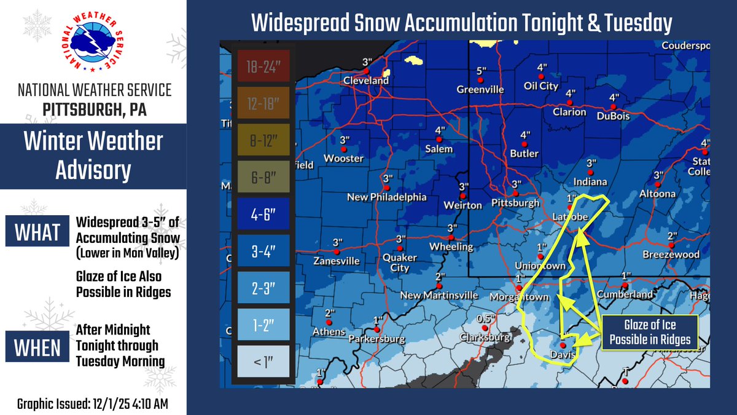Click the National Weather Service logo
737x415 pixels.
pos(93,43)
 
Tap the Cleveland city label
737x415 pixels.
pos(366,81)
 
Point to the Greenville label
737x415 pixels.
pos(480,90)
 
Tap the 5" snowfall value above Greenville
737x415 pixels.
pos(481,71)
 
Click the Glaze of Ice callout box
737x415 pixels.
pos(650,333)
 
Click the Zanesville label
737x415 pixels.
pos(337,261)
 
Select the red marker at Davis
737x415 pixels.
pos(563,346)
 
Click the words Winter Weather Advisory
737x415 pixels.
pos(93,156)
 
